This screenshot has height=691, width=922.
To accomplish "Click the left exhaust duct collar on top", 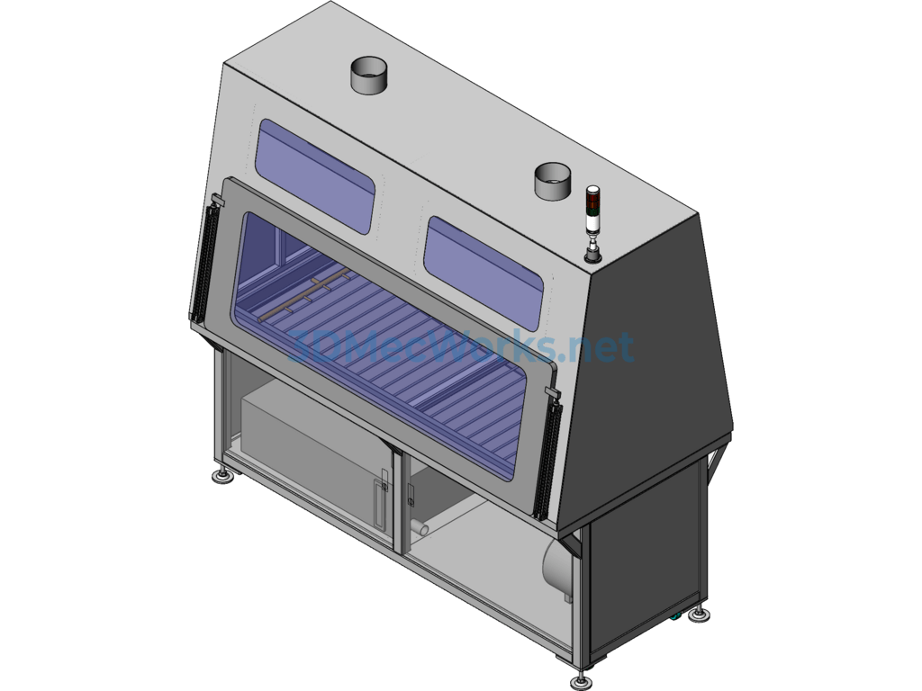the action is pyautogui.click(x=369, y=76).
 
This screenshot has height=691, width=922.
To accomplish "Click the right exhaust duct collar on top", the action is pyautogui.click(x=552, y=181).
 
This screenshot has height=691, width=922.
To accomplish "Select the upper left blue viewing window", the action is pyautogui.click(x=314, y=175).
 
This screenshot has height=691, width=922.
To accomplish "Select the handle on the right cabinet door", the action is pyautogui.click(x=411, y=495).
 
